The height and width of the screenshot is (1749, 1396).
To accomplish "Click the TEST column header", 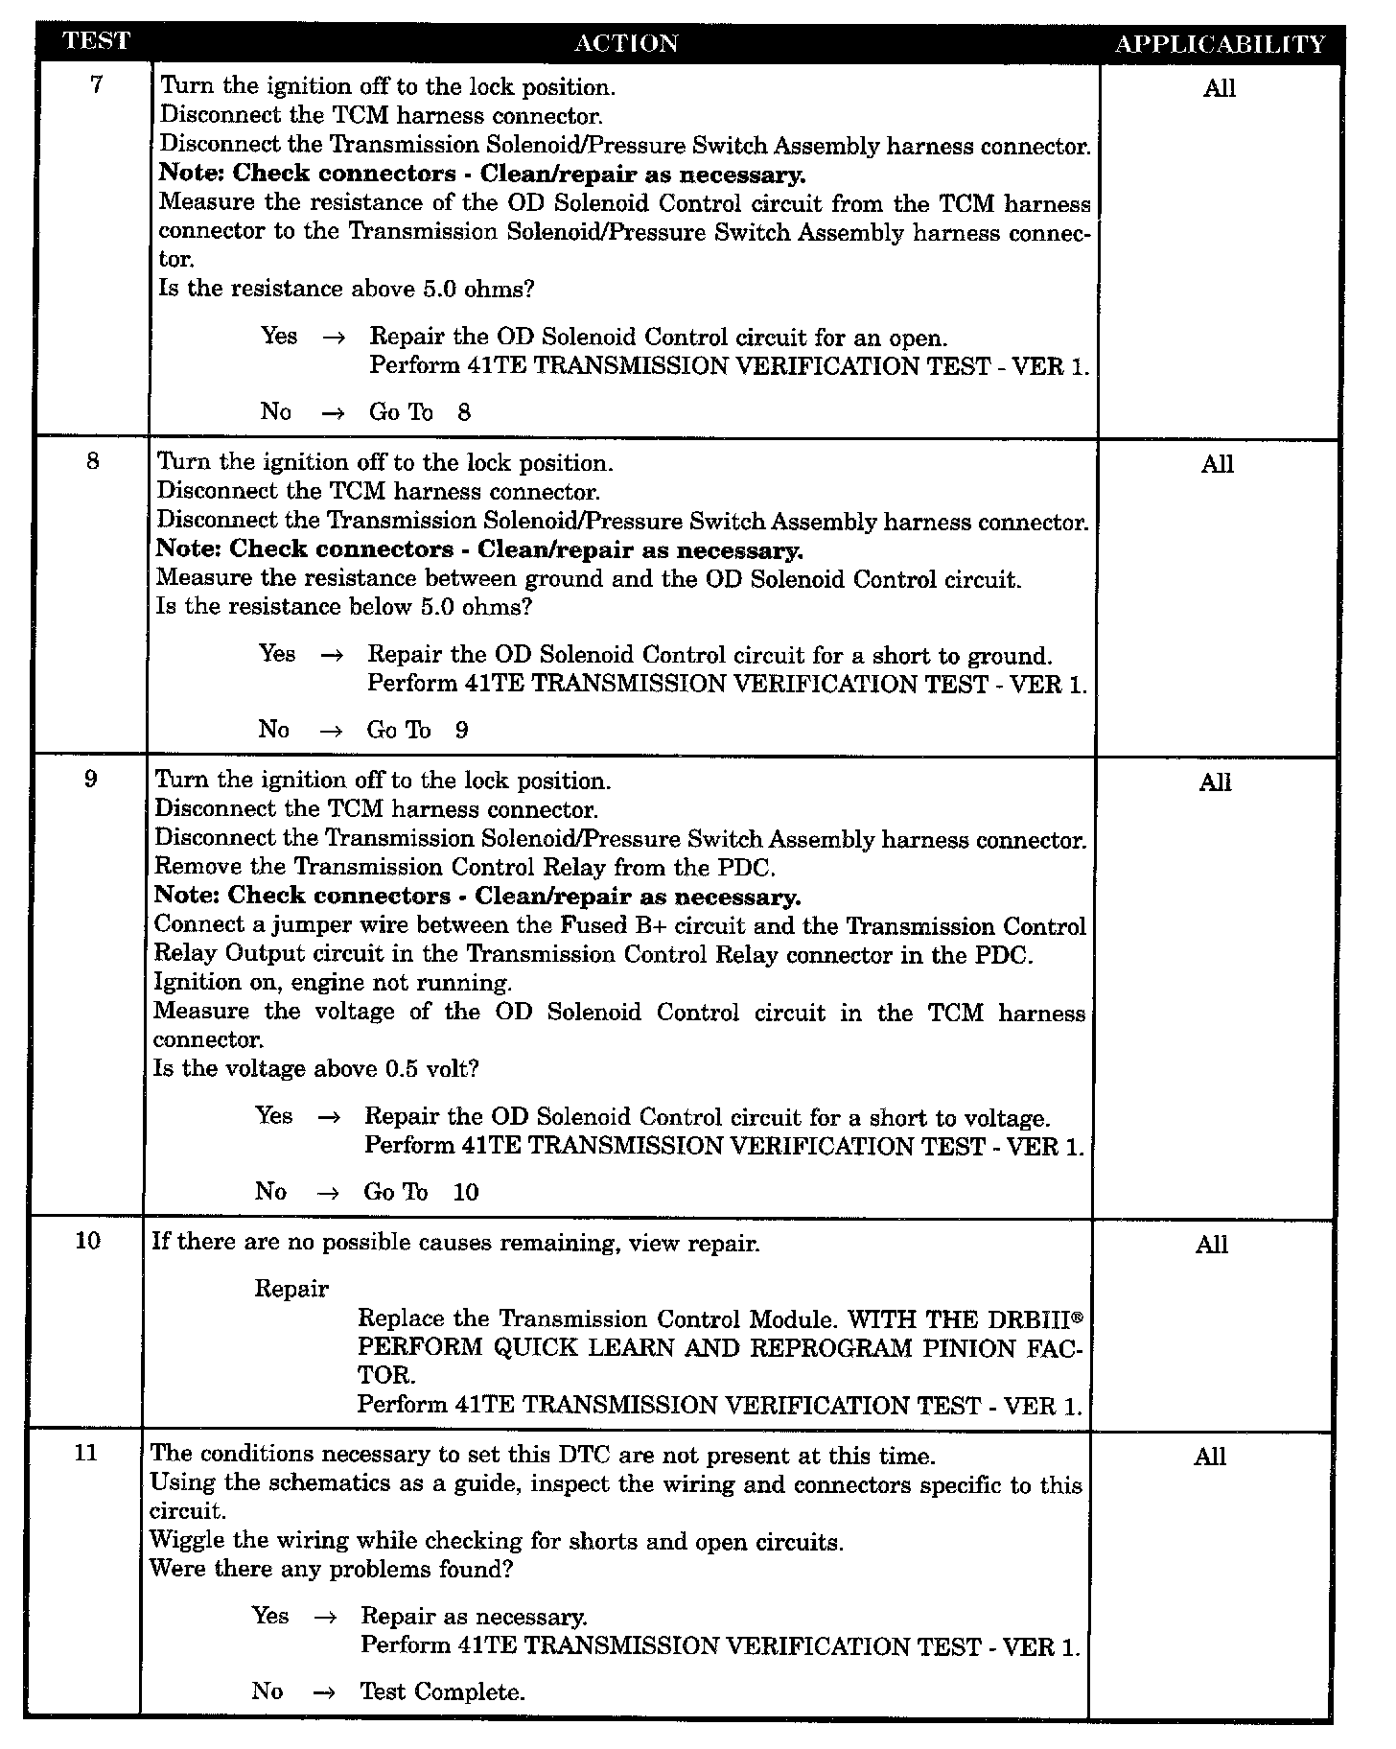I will [x=95, y=41].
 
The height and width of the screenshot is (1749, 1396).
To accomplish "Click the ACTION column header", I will [x=625, y=43].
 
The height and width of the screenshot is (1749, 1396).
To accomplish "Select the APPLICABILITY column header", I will [x=1221, y=44].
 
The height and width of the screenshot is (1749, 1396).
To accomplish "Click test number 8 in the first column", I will [x=93, y=461].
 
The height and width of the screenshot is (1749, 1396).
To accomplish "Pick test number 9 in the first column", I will [x=91, y=779].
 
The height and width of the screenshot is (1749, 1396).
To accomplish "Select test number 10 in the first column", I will [x=87, y=1241].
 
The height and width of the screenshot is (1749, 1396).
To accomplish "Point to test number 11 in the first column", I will [x=85, y=1453].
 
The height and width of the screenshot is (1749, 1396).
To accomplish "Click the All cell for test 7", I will [x=1220, y=89].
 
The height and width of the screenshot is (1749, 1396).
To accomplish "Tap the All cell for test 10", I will [x=1212, y=1245].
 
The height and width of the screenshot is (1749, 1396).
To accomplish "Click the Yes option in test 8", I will [x=277, y=654].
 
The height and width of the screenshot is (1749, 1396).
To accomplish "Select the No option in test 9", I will [x=270, y=1191].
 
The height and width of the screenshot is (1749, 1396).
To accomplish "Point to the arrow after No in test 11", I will [x=324, y=1692].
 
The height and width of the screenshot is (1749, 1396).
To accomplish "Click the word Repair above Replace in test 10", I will [x=291, y=1289].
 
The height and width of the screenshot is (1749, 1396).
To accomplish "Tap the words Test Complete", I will [x=442, y=1691].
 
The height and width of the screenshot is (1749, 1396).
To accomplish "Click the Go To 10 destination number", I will [x=466, y=1192].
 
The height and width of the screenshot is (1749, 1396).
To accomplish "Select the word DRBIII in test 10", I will [x=1040, y=1318].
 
